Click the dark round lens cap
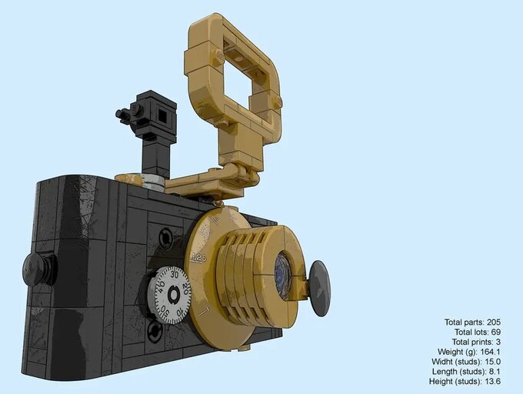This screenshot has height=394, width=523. tap(319, 288)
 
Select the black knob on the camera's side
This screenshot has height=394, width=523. tap(37, 269)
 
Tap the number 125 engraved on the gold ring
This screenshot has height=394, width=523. tap(199, 257)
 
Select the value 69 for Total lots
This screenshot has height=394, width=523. tap(504, 332)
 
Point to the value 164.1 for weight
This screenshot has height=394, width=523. tap(497, 352)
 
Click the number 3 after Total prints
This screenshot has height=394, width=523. tap(507, 342)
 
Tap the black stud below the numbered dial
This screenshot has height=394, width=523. tap(155, 332)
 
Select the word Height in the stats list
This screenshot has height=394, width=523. tap(444, 382)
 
